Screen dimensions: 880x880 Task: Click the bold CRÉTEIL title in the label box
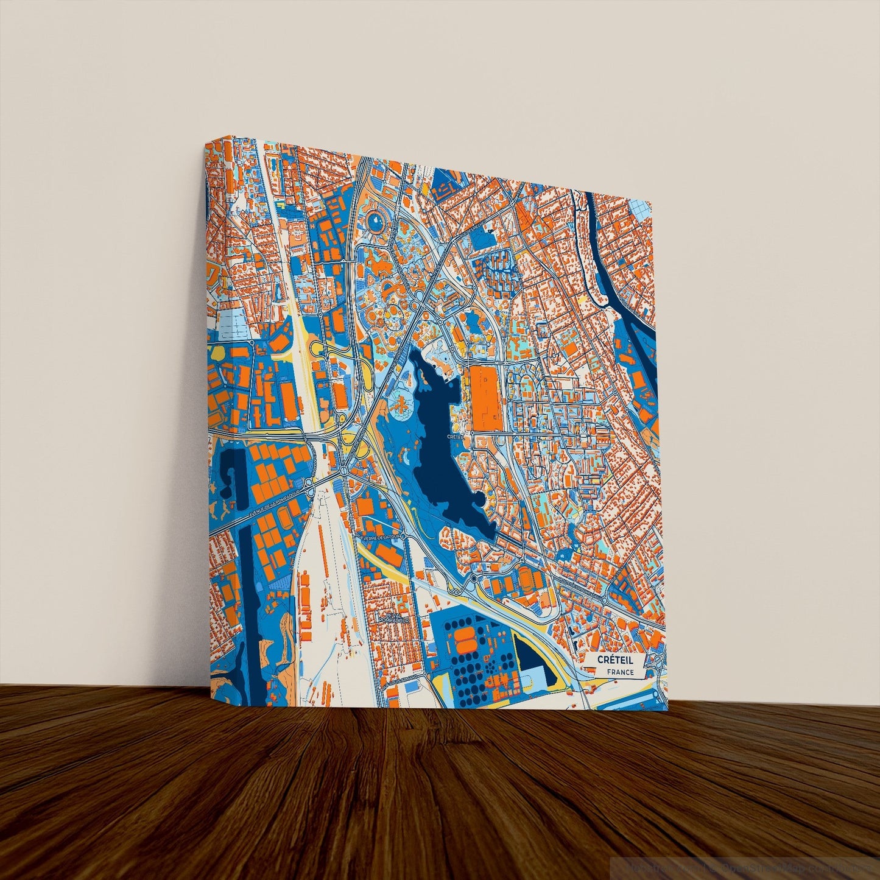615,660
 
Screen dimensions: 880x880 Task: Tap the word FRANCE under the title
620,672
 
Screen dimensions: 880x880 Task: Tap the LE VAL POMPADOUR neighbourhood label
390,618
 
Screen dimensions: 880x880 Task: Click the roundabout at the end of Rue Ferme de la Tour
474,577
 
